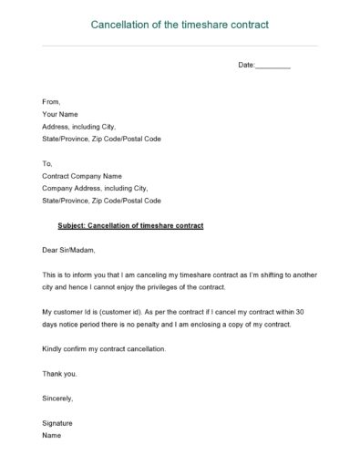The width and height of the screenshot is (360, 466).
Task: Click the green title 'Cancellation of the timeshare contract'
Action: [180, 25]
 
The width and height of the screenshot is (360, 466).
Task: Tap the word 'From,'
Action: [51, 102]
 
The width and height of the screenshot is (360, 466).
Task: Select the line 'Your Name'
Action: [60, 114]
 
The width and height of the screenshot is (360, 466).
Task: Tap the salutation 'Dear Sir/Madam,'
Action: [68, 249]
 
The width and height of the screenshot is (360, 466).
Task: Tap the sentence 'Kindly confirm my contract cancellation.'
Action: [104, 348]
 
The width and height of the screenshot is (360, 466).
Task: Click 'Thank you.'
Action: [60, 373]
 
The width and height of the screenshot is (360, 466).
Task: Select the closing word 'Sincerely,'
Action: [57, 398]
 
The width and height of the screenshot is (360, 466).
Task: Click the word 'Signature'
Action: [57, 423]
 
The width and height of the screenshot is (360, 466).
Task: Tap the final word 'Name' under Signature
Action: [52, 435]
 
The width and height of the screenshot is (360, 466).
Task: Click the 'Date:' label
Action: [247, 66]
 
